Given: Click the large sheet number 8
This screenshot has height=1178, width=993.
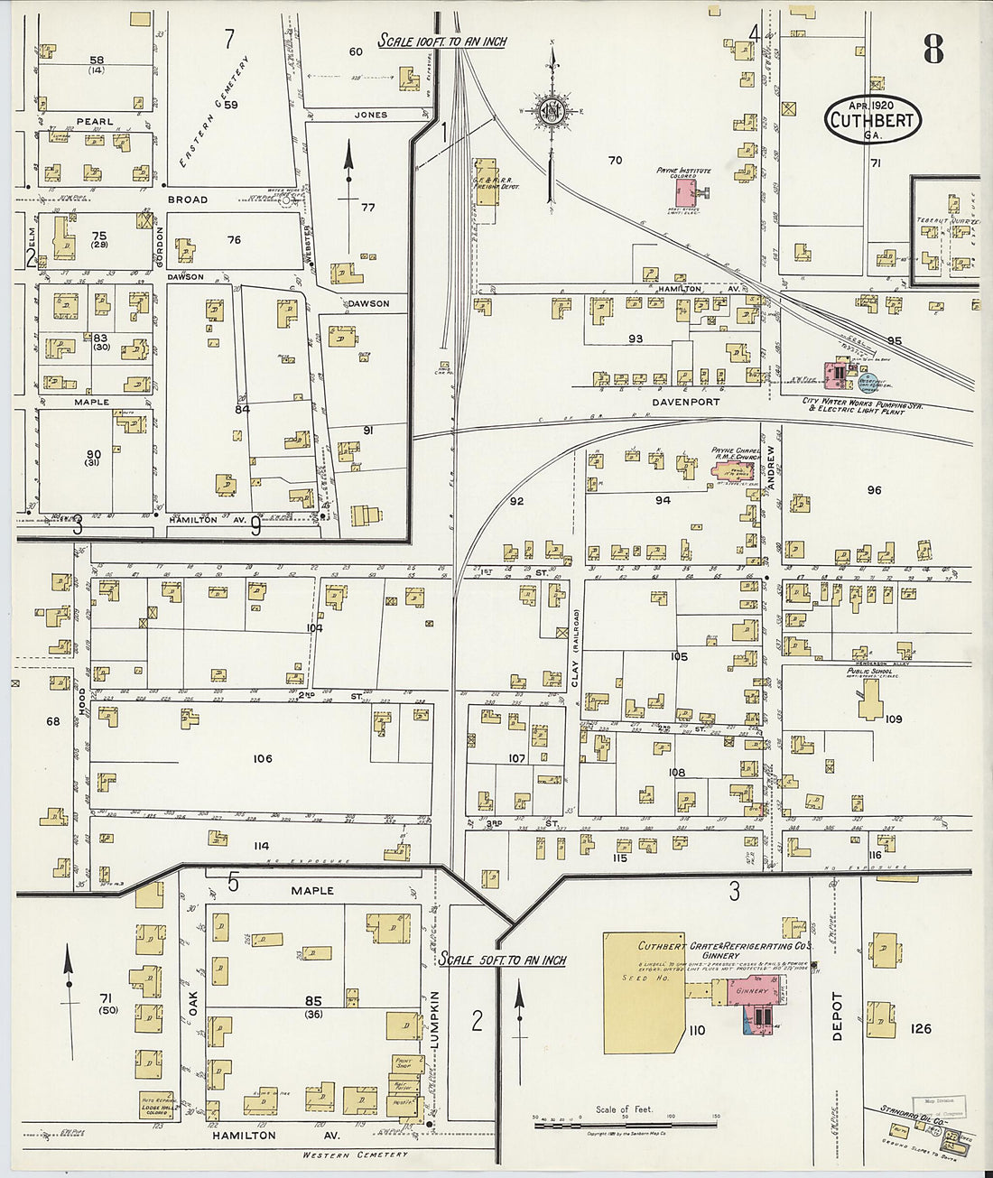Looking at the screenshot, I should tap(933, 51).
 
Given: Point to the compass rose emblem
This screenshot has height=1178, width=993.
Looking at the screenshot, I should tap(551, 112).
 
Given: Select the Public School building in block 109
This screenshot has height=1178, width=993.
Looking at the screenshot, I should tap(871, 699).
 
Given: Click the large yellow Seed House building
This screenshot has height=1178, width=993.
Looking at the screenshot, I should tap(643, 993).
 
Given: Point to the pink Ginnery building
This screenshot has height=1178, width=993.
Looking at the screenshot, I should tap(752, 991).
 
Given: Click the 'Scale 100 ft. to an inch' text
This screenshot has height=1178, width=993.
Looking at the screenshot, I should tap(441, 41).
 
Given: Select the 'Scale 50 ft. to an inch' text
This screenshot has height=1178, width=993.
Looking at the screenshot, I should tap(502, 960).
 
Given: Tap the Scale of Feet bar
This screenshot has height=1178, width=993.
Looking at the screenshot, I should tap(625, 1125).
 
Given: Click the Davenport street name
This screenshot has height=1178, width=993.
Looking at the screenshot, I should tap(687, 402).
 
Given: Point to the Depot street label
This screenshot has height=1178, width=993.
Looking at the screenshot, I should tap(836, 1016).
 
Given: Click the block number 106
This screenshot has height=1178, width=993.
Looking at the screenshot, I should tap(262, 758).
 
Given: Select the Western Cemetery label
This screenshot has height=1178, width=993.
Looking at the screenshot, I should tap(355, 1155).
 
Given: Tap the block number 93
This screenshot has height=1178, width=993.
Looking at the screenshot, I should tap(636, 339).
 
